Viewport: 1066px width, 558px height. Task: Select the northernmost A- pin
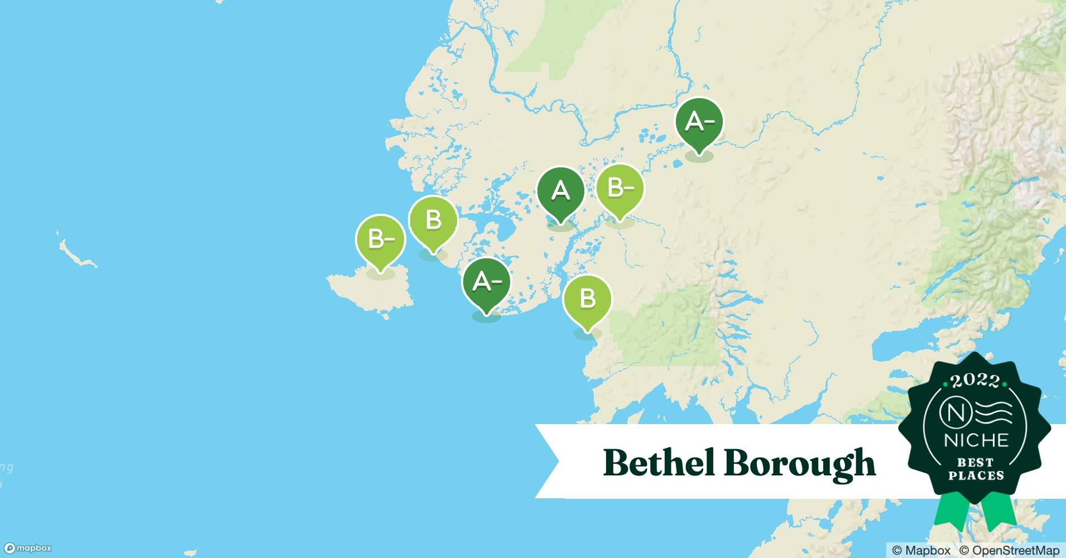(x=699, y=122)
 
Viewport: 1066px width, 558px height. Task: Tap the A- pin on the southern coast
(x=486, y=282)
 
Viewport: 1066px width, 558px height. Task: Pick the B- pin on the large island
(x=381, y=240)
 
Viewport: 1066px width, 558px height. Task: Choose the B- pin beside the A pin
(x=620, y=189)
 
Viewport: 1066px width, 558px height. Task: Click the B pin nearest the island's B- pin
(x=434, y=220)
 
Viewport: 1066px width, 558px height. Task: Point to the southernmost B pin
(x=588, y=299)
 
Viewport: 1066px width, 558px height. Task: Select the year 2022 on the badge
(x=975, y=381)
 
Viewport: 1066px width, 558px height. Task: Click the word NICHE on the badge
(x=976, y=440)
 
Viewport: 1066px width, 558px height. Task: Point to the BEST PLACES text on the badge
(x=976, y=469)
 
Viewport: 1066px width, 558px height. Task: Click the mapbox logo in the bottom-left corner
(x=28, y=548)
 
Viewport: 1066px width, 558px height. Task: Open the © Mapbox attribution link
(x=921, y=550)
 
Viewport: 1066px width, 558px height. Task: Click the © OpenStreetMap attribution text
(x=1009, y=550)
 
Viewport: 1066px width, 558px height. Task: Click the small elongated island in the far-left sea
(x=77, y=254)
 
